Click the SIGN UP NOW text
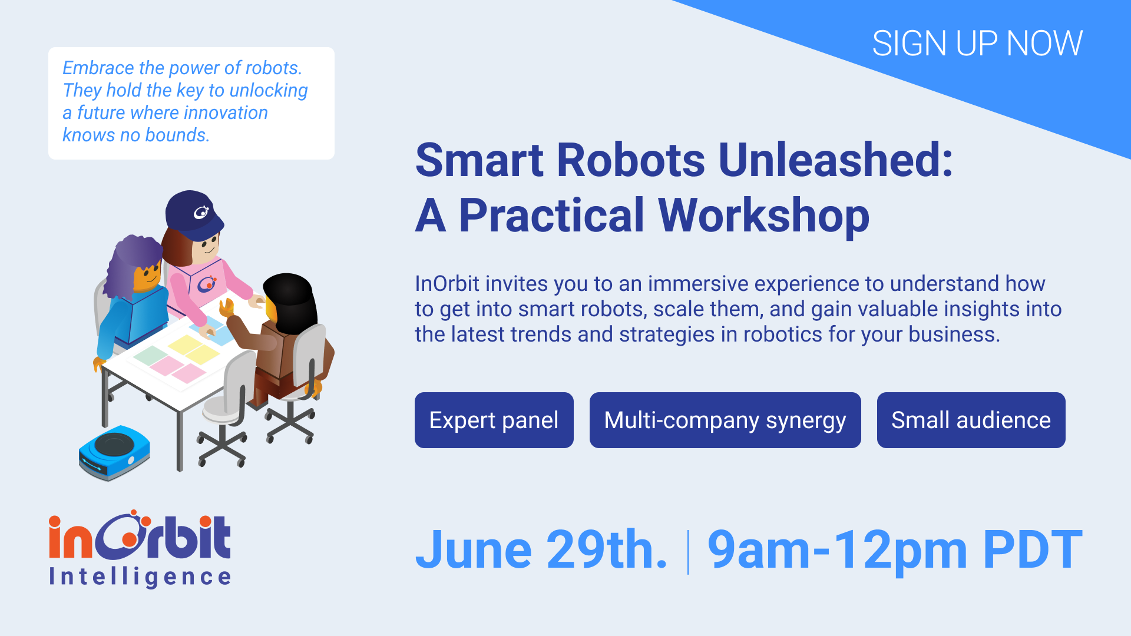[977, 44]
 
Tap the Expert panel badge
[494, 420]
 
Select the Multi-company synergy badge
[725, 420]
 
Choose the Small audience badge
[971, 420]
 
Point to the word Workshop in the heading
[763, 216]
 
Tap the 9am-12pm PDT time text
[895, 551]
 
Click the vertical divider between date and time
[688, 552]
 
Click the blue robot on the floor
[114, 452]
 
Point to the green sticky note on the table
[150, 355]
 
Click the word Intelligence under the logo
[140, 577]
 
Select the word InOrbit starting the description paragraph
[447, 284]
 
